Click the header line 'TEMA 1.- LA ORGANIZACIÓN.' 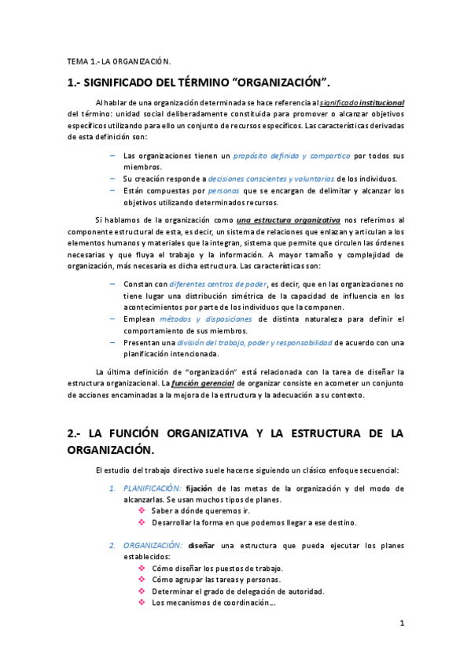(x=118, y=61)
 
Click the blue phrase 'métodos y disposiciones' (x=216, y=319)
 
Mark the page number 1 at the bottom (x=401, y=624)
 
